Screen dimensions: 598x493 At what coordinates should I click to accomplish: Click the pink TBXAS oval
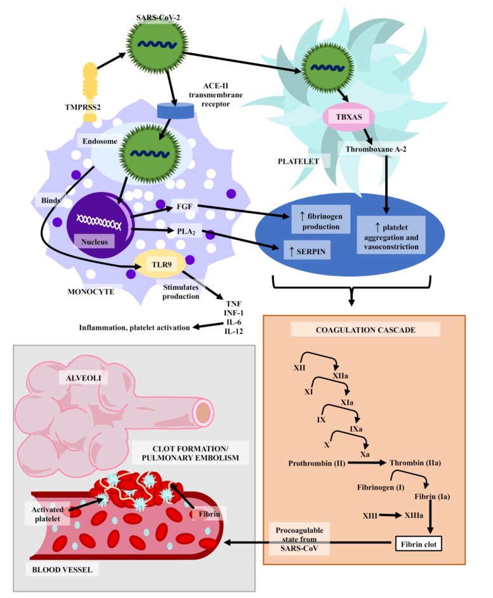tap(348, 117)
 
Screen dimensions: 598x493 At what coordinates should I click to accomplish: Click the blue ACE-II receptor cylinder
tap(175, 110)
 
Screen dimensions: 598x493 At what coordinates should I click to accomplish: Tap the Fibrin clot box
tap(418, 543)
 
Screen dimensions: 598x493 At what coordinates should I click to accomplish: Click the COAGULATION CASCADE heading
tap(365, 330)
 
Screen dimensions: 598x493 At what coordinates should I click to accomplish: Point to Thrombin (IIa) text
tap(415, 463)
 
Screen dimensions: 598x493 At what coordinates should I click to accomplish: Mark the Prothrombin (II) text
tap(317, 463)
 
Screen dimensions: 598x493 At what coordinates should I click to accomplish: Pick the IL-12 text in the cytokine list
tap(229, 331)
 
